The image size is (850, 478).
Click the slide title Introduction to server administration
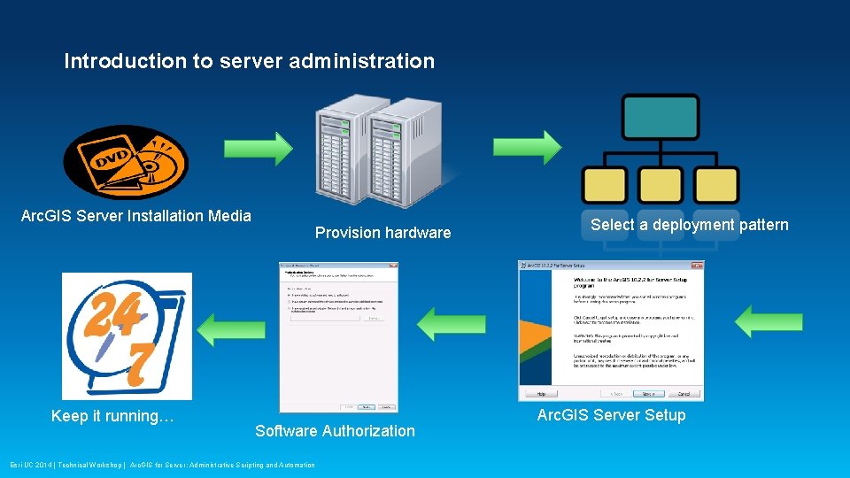[249, 61]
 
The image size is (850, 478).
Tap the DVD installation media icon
[126, 162]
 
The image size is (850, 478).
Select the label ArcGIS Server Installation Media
[136, 215]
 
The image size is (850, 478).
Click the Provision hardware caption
[383, 233]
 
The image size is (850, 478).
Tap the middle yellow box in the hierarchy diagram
[661, 185]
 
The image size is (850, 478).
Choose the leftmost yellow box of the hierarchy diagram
[604, 185]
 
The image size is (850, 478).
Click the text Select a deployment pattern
[689, 225]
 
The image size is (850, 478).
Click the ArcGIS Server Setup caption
[611, 415]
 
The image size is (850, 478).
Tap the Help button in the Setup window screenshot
[540, 393]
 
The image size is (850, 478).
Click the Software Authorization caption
[335, 431]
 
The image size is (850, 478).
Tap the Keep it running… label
[112, 416]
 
